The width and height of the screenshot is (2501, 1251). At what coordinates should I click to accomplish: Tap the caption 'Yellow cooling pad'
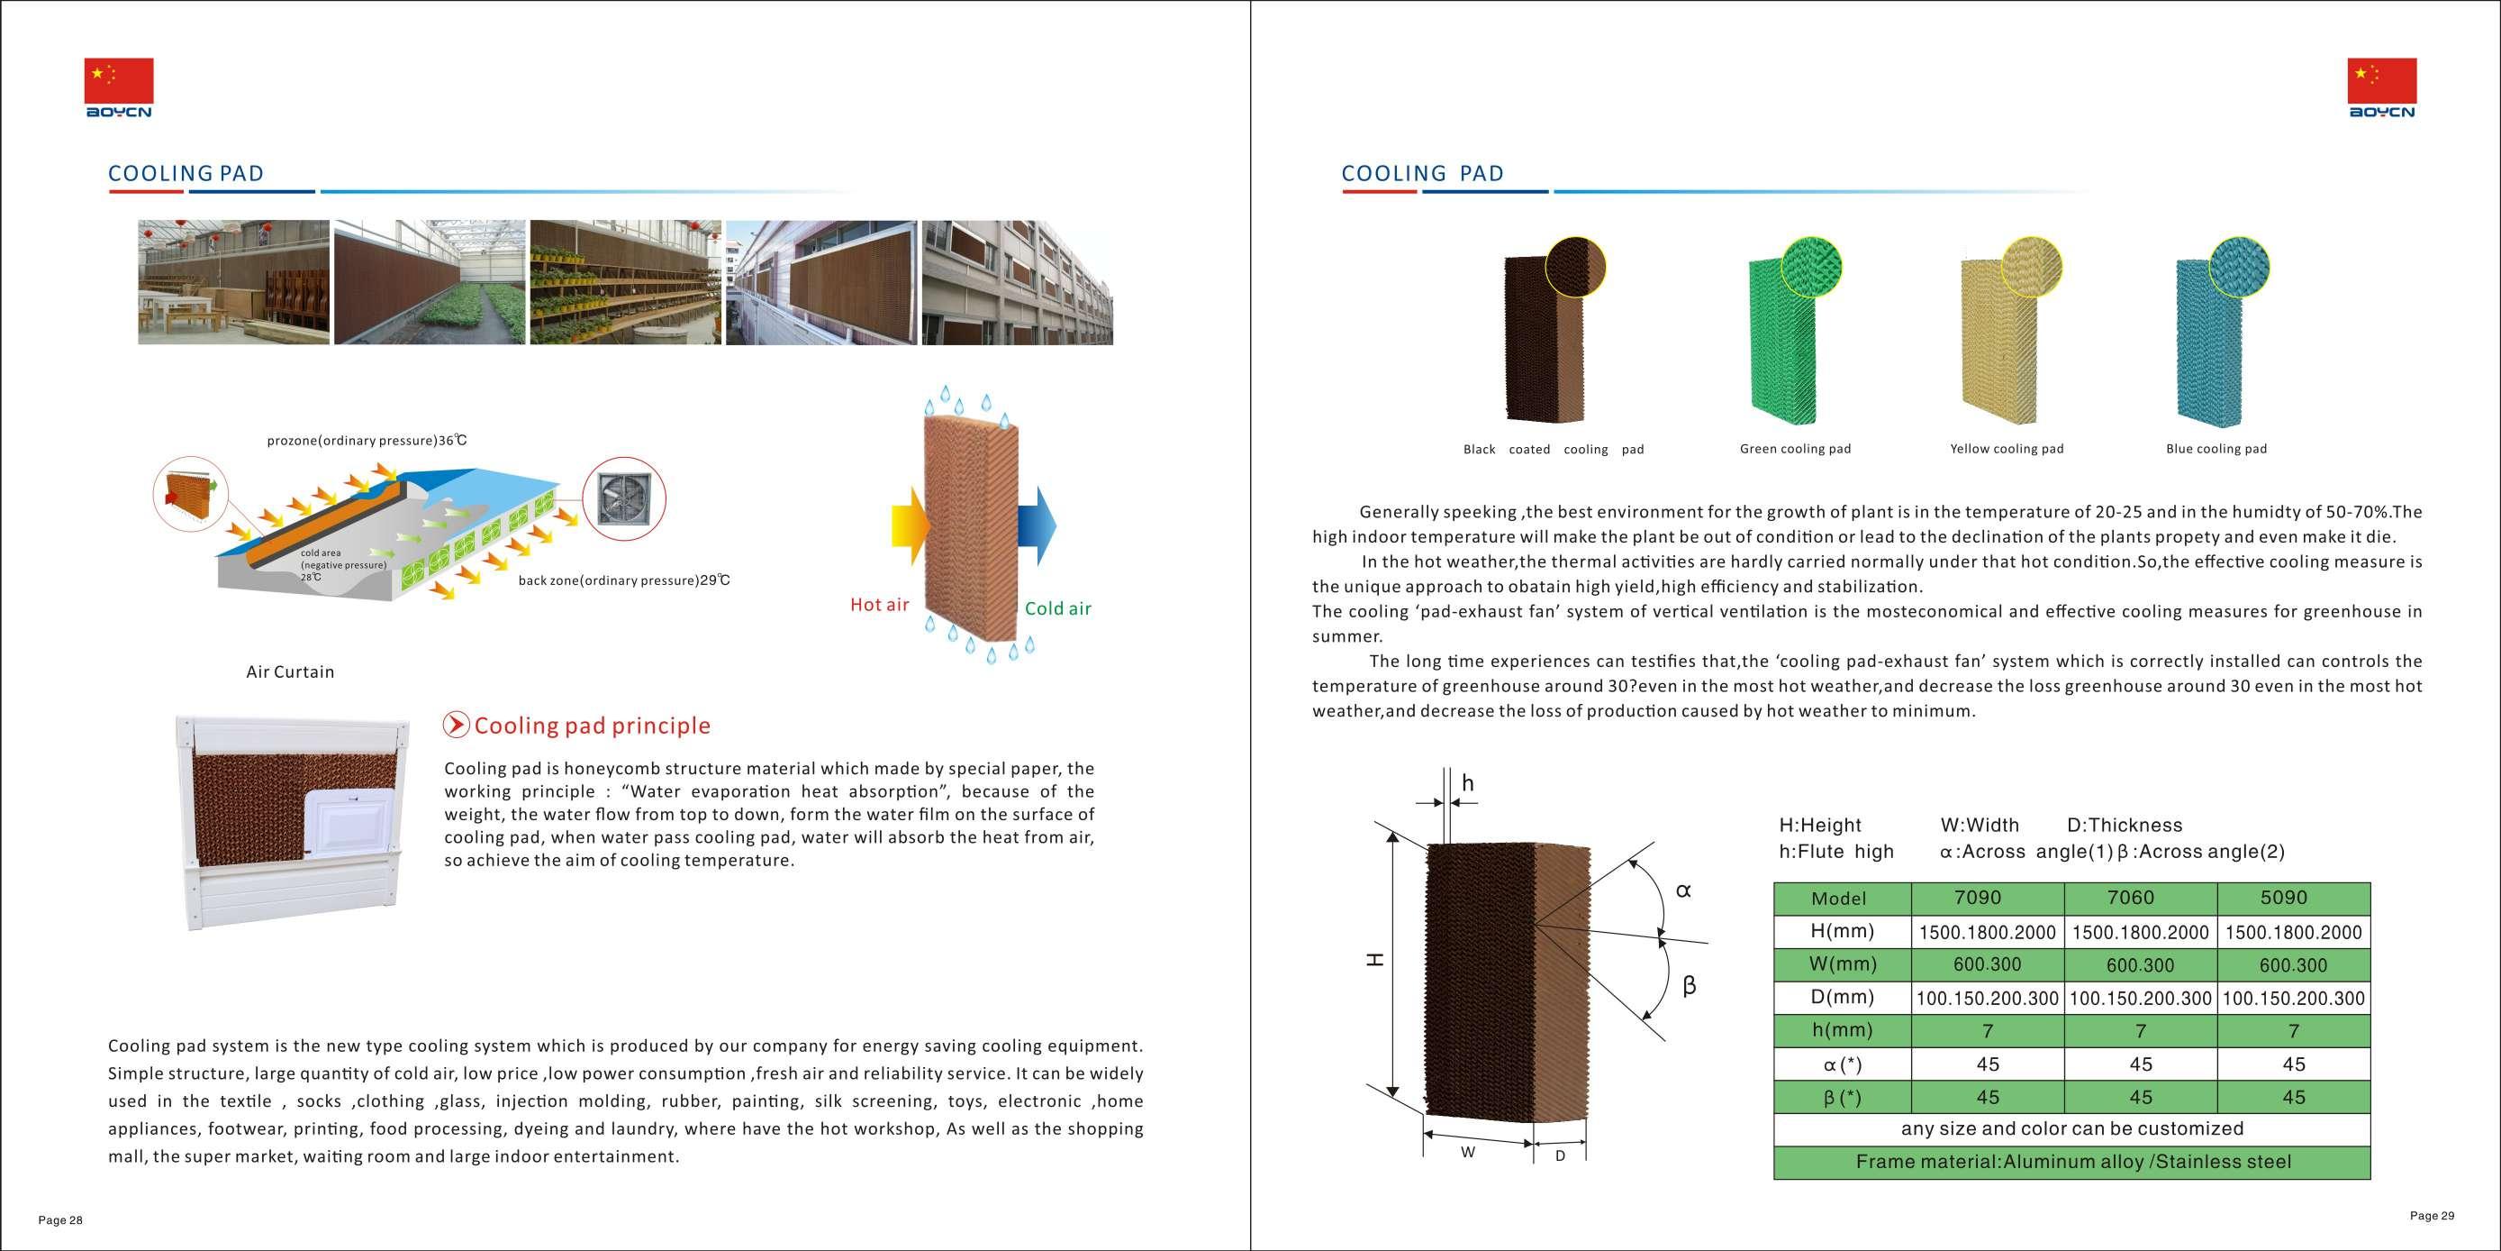point(2007,449)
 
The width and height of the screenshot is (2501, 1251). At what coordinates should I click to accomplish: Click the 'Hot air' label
point(880,605)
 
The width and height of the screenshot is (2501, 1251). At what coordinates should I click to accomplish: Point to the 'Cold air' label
point(1058,609)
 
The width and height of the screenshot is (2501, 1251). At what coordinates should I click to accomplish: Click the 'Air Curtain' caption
point(290,672)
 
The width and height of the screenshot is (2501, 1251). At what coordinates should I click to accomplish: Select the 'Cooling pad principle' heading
point(593,726)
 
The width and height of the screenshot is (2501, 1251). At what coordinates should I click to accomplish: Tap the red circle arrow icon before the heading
point(457,725)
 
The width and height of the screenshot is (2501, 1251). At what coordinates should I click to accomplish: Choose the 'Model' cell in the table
point(1839,899)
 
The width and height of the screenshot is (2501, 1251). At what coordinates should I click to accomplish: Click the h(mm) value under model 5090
point(2293,1030)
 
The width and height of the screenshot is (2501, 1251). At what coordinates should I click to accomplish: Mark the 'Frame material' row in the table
point(2072,1162)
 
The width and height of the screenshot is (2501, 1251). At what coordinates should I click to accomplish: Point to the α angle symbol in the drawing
point(1683,890)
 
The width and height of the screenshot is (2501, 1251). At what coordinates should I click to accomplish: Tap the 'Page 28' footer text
point(60,1221)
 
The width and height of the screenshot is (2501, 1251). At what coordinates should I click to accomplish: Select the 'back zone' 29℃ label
point(624,580)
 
